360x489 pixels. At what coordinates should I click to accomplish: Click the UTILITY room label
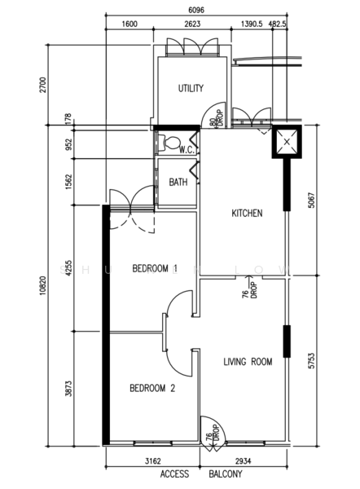(x=191, y=88)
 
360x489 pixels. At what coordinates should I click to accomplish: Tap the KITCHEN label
(x=247, y=214)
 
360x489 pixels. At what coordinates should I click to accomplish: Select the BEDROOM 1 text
(x=155, y=268)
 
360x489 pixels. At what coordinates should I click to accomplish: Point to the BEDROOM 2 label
(x=152, y=388)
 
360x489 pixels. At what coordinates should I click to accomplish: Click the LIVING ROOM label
(x=248, y=362)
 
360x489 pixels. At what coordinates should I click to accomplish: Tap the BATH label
(x=178, y=182)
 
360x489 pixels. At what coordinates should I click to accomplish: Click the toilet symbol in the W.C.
(x=169, y=143)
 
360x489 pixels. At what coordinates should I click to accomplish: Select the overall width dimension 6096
(x=196, y=10)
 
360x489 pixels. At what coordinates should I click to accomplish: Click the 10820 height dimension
(x=43, y=286)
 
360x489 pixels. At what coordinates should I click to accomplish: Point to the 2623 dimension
(x=192, y=24)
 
